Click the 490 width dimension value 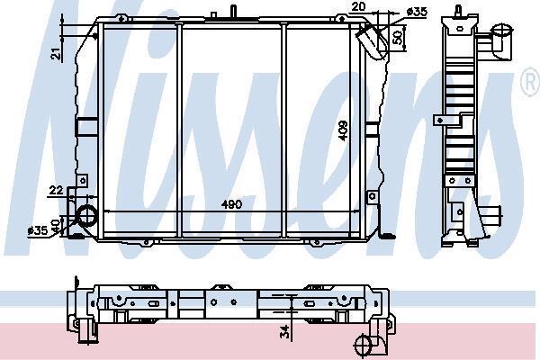(x=231, y=204)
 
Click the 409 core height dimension (x=344, y=130)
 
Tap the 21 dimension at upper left (x=57, y=54)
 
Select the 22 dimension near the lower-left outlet (x=56, y=190)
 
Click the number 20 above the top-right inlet (x=358, y=7)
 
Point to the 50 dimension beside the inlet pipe (x=397, y=38)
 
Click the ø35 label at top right (x=417, y=12)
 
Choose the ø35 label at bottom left (x=38, y=230)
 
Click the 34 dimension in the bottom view (x=285, y=332)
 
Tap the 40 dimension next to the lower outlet (x=55, y=225)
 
